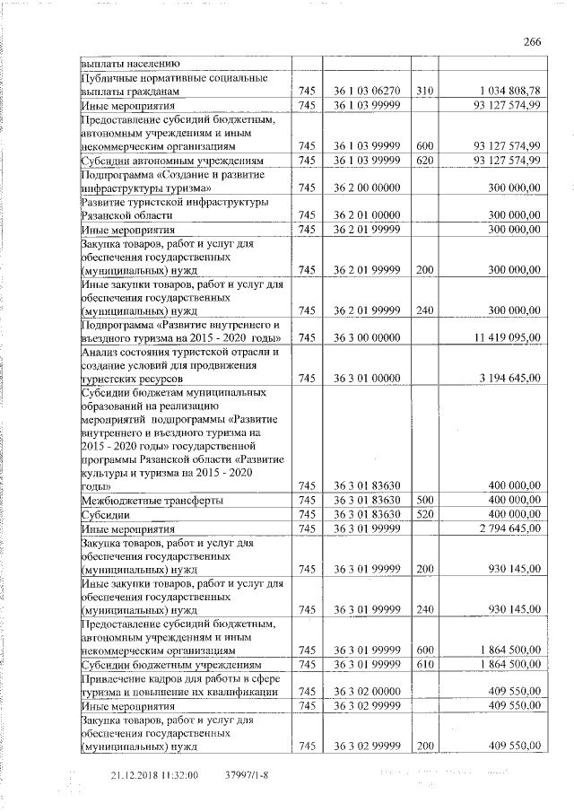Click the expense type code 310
coord(425,92)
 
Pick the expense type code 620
coord(425,160)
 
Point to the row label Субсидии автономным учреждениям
coord(162,160)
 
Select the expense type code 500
coord(425,500)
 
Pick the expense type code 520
coord(425,514)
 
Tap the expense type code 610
coord(425,664)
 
